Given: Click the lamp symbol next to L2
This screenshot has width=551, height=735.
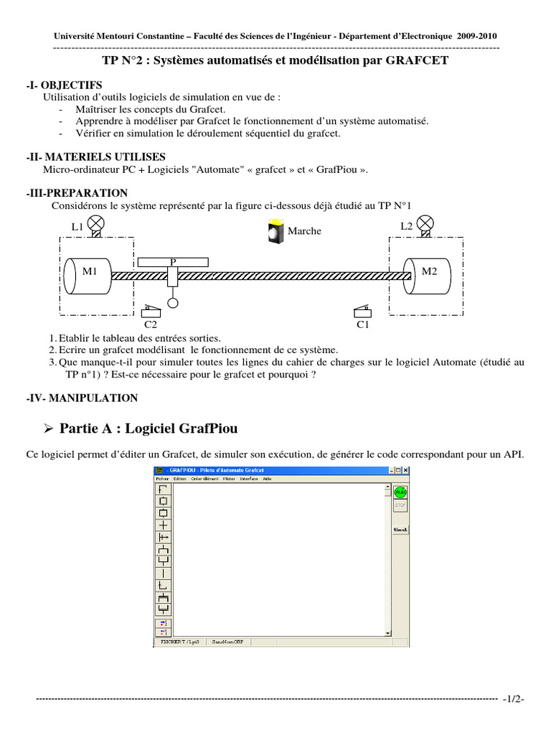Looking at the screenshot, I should [x=426, y=223].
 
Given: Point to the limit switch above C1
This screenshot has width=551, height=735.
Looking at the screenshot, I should [x=362, y=311].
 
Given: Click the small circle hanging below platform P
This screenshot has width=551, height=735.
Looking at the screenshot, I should [x=173, y=304].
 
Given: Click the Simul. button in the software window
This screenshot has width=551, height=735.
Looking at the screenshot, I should [x=400, y=530].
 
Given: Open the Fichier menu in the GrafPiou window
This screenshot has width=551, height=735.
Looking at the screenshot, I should [x=162, y=479].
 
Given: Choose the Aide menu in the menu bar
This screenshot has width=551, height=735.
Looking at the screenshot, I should [x=267, y=479].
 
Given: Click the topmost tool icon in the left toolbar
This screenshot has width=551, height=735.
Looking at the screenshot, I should [x=164, y=489].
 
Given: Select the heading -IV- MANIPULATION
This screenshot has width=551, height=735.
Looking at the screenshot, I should [x=82, y=398].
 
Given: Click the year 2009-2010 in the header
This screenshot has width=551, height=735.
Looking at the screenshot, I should [x=476, y=36].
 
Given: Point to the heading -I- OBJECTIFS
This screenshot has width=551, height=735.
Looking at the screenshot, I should [x=64, y=85].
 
